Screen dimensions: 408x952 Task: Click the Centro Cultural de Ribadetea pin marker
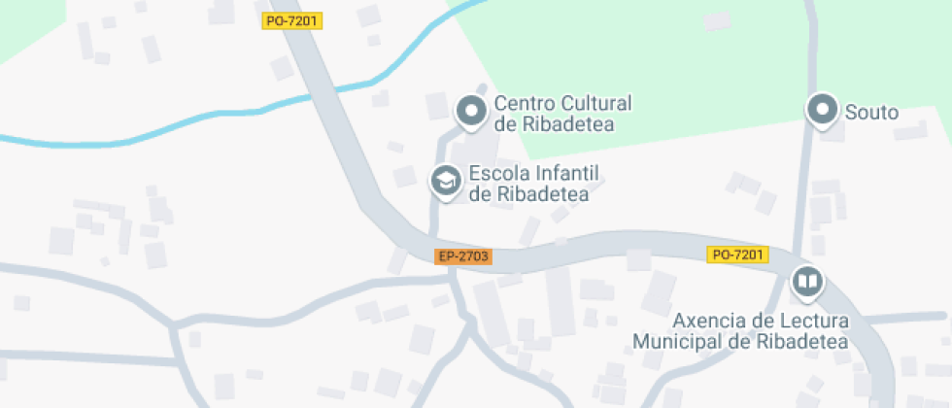(x=472, y=112)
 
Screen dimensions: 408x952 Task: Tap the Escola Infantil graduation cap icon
(x=446, y=181)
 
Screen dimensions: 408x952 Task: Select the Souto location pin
(x=823, y=111)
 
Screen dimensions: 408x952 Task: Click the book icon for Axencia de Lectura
(x=806, y=283)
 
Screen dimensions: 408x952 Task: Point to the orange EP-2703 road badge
(x=463, y=256)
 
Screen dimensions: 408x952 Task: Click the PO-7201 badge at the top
(x=291, y=20)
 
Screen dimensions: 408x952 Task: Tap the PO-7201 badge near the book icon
(x=737, y=255)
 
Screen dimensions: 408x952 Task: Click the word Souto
(x=871, y=113)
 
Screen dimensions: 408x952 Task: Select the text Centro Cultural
(x=562, y=103)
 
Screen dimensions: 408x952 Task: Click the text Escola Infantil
(x=534, y=174)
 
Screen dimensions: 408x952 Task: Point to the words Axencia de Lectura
(x=762, y=321)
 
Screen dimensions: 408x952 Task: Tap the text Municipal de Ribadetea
(x=740, y=341)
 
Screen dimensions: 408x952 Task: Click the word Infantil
(x=566, y=174)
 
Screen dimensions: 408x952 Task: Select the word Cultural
(x=596, y=103)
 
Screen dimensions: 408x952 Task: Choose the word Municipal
(x=677, y=341)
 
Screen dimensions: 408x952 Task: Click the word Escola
(x=497, y=174)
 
